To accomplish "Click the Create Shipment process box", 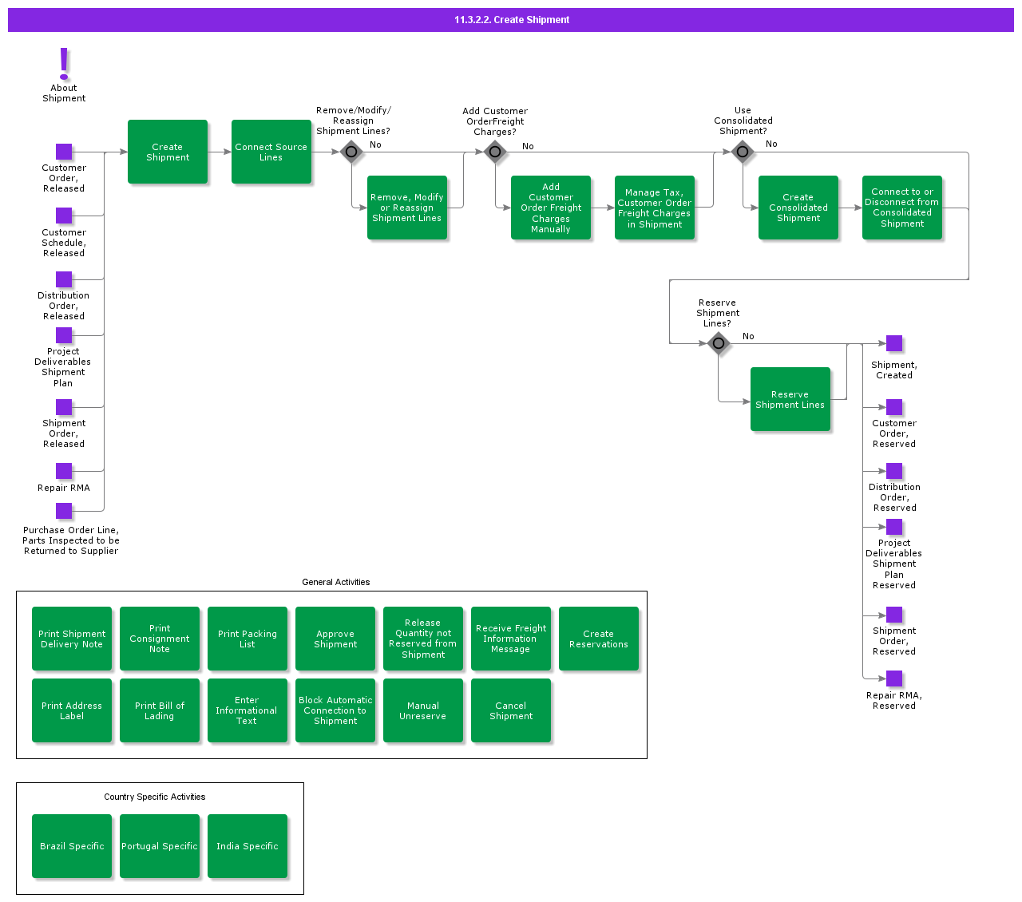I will tap(168, 152).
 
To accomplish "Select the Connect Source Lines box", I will tap(271, 152).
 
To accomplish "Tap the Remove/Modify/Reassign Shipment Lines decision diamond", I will tap(351, 152).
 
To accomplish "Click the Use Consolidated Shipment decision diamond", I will tap(743, 152).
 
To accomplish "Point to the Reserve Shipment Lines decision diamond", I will tap(719, 343).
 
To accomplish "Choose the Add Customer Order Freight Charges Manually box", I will tap(551, 208).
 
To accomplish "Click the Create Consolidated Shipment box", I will tap(798, 208).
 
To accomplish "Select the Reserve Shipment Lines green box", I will tap(790, 399).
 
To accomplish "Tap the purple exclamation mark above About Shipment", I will tap(64, 63).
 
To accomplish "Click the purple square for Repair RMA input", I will tap(64, 471).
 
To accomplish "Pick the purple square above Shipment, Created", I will tap(894, 343).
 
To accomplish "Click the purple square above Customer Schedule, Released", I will tap(64, 216).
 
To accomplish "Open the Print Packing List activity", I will tap(248, 639).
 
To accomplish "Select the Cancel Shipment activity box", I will tap(511, 710).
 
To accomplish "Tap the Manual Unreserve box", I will tap(423, 710).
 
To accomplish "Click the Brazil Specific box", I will tap(72, 846).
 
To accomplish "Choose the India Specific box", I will tap(248, 846).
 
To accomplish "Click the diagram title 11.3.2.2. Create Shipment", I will tap(511, 20).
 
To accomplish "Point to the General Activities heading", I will tap(335, 582).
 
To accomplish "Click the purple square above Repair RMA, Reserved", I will tap(894, 678).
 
